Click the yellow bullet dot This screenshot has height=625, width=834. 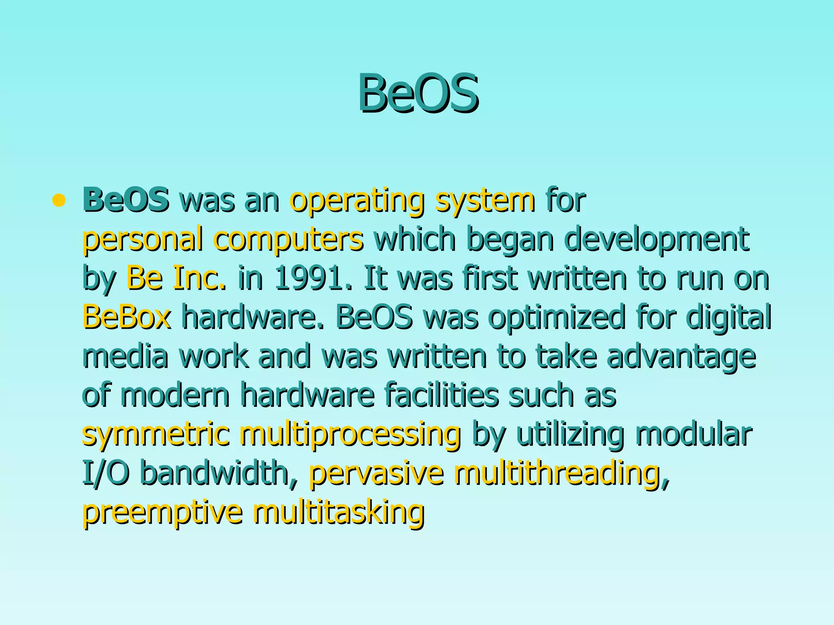pyautogui.click(x=59, y=200)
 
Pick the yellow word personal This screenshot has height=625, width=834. pyautogui.click(x=142, y=239)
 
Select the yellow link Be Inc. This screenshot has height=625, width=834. pyautogui.click(x=176, y=278)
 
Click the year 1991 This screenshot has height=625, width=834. pyautogui.click(x=312, y=278)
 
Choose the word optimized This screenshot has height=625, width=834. pyautogui.click(x=556, y=317)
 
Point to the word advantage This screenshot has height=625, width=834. pyautogui.click(x=681, y=356)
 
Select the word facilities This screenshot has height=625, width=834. pyautogui.click(x=441, y=394)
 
